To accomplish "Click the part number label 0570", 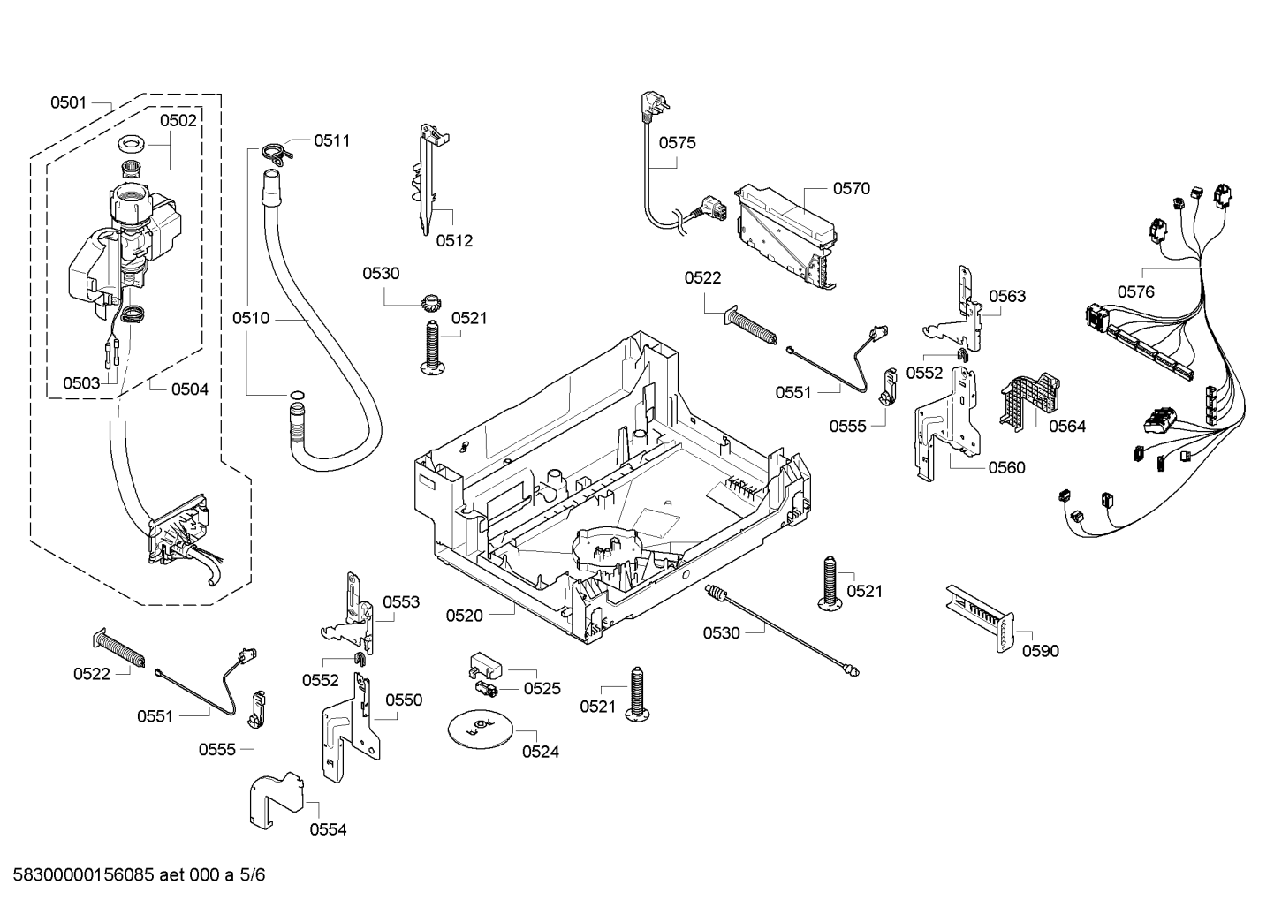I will [x=851, y=188].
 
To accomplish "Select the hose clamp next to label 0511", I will [x=275, y=151].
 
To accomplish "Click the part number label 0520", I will [x=464, y=616].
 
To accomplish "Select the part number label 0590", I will [x=1040, y=651].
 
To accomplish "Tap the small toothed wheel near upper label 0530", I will [x=430, y=302].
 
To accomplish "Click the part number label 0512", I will [x=454, y=240].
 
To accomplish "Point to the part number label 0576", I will [x=1135, y=291].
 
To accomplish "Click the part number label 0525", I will [x=542, y=688].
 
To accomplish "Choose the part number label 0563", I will [x=1007, y=296].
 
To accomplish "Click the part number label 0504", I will [x=189, y=389].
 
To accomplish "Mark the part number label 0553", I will [x=401, y=602].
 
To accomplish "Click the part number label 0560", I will [x=1007, y=467].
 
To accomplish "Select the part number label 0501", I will [x=68, y=102].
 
